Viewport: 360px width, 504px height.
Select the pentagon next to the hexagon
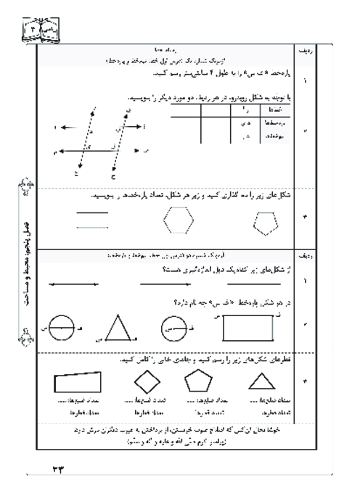pos(266,225)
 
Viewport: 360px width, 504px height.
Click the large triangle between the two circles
pos(116,329)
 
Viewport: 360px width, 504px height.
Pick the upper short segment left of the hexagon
pos(87,213)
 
